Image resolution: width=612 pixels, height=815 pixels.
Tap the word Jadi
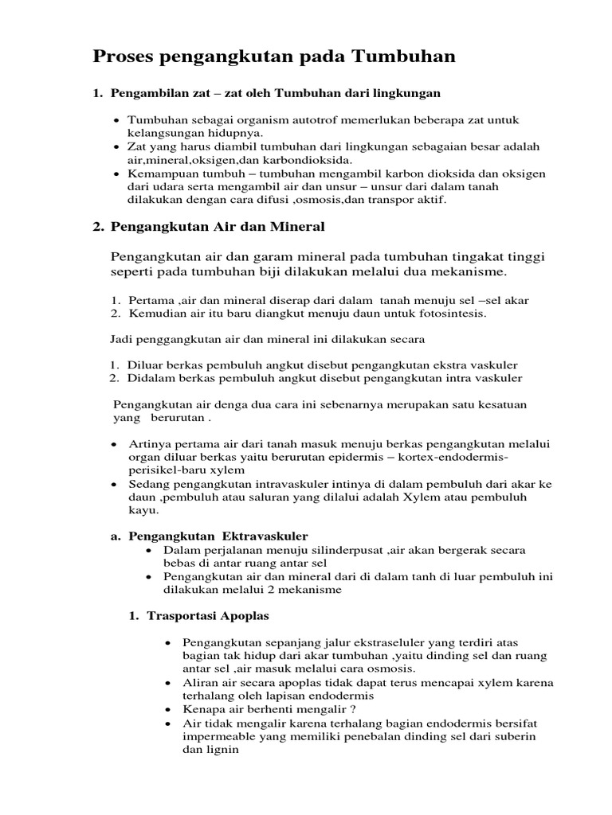120,339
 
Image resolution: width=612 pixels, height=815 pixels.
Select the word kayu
140,510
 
